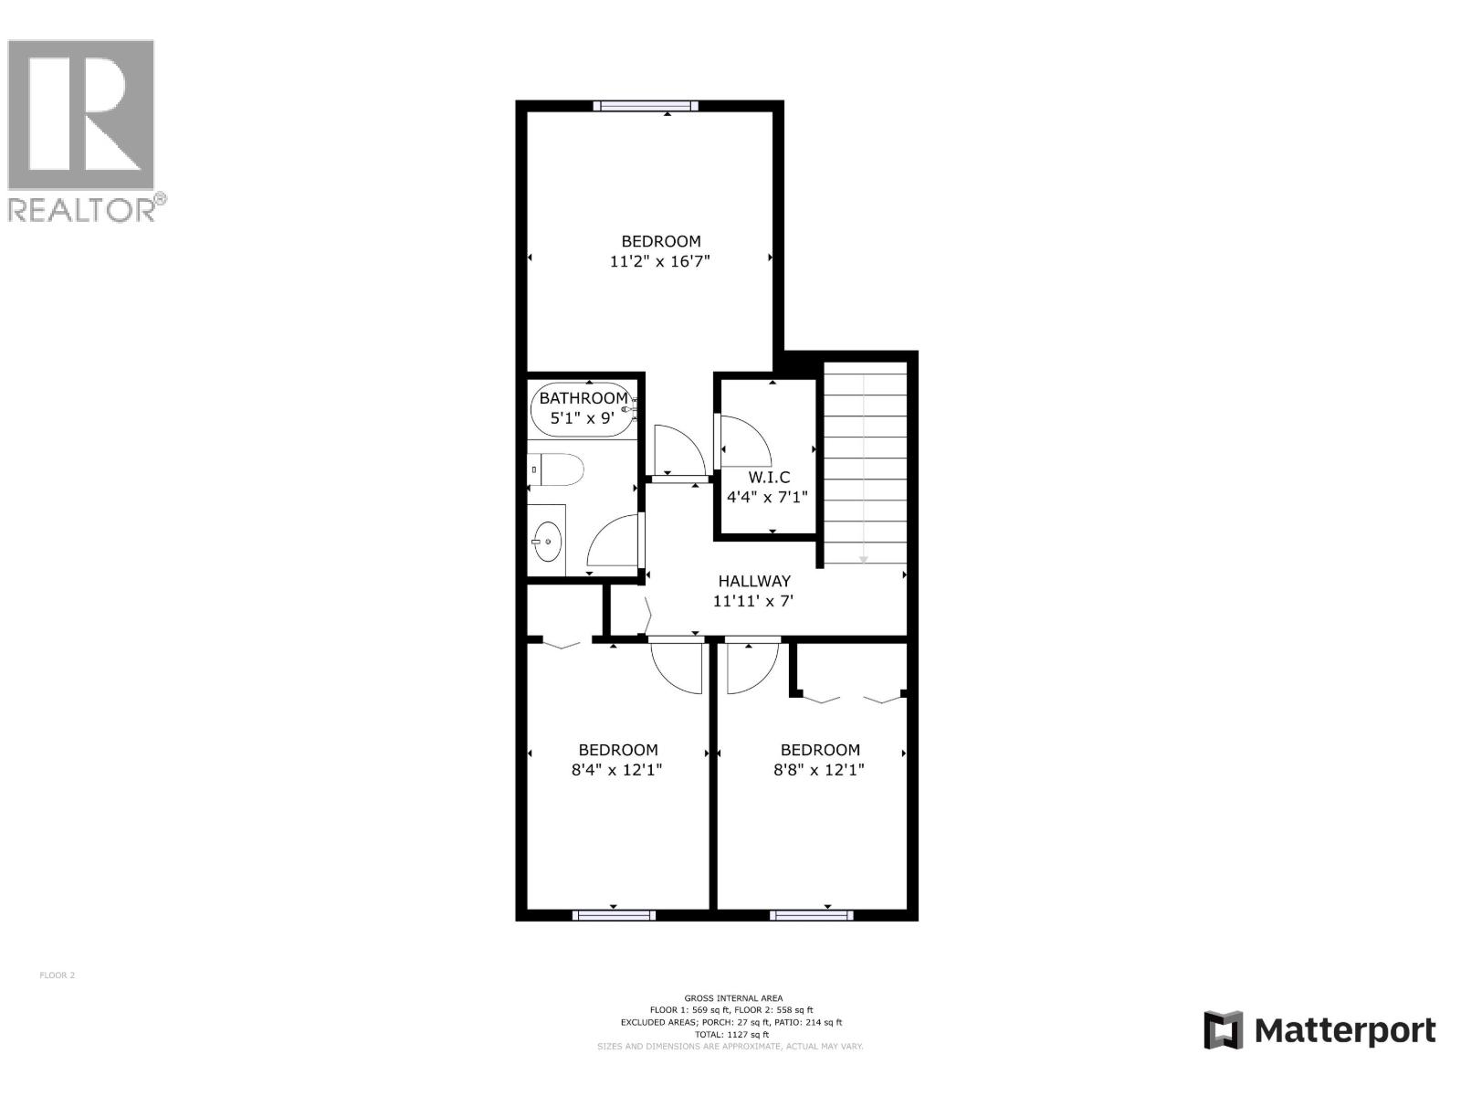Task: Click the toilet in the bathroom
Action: coord(558,470)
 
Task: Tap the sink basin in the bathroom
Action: coord(547,542)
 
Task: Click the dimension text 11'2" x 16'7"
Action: coord(660,261)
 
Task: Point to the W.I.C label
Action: coord(769,477)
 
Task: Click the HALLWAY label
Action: coord(754,581)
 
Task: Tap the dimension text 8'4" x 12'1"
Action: coord(617,770)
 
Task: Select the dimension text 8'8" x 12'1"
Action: coord(819,770)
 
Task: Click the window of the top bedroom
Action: coord(646,106)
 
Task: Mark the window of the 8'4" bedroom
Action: coord(614,914)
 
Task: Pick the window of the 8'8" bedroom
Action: coord(812,914)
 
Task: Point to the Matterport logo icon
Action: coord(1224,1030)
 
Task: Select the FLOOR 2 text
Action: coord(57,975)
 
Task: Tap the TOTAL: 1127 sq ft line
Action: coord(731,1035)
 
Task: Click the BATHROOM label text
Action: coord(583,398)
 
